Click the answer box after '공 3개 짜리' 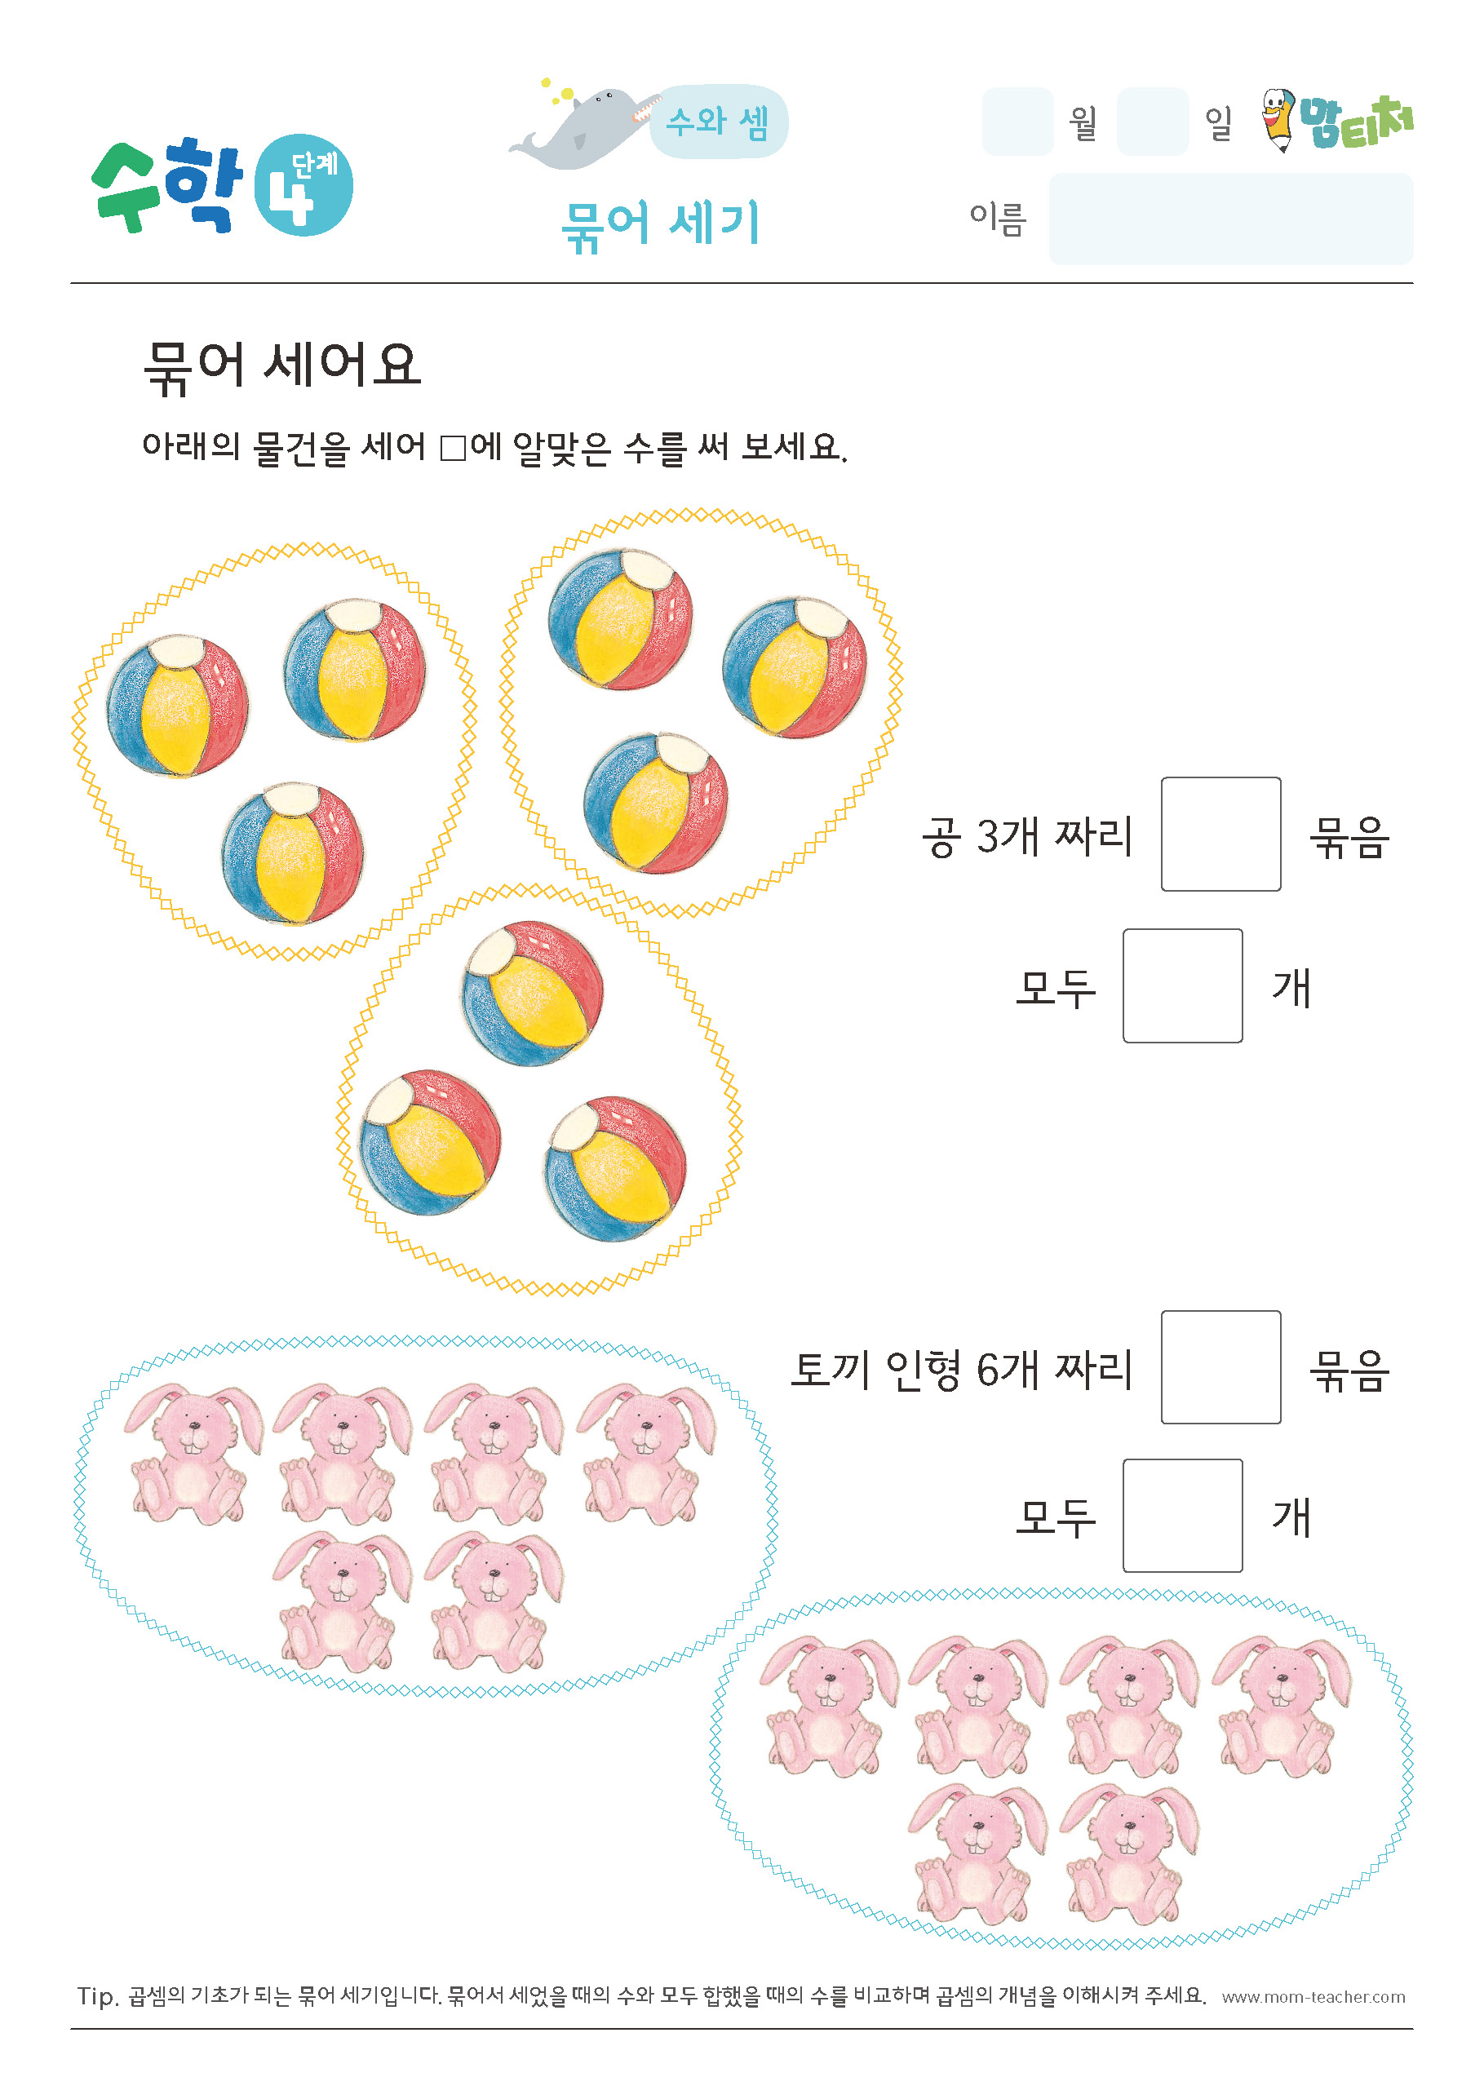coord(1220,834)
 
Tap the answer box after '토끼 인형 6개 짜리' coord(1220,1366)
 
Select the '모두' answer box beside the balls coord(1182,985)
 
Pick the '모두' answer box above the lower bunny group coord(1182,1515)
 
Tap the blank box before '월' coord(1017,122)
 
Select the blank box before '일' coord(1152,122)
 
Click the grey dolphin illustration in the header coord(583,126)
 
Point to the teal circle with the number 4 coord(303,185)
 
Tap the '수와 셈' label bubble coord(719,122)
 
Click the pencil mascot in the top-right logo coord(1278,119)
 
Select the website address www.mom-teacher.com coord(1313,1996)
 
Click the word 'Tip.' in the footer coord(98,1995)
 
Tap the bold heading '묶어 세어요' coord(281,365)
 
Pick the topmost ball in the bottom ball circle coord(532,993)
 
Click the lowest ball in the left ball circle coord(293,853)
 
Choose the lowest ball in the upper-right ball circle coord(656,803)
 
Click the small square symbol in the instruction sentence coord(453,448)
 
